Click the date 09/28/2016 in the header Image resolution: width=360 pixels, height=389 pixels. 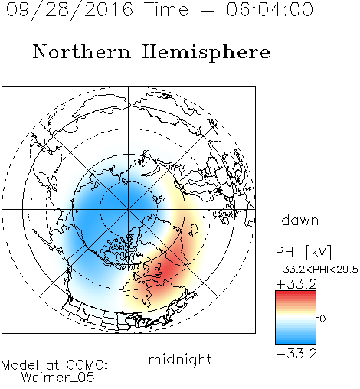click(70, 10)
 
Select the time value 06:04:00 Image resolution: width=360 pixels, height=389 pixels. click(270, 9)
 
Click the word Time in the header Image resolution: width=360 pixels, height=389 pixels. click(166, 9)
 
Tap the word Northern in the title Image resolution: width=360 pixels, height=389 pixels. click(82, 51)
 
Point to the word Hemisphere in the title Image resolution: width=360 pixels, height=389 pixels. click(206, 53)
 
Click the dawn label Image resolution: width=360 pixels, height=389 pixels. click(300, 221)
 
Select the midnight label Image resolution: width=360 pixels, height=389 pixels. click(180, 359)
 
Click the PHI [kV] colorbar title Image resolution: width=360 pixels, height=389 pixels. click(303, 252)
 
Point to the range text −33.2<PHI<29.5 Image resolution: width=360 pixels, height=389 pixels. click(317, 270)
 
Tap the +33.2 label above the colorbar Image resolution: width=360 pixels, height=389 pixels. click(296, 284)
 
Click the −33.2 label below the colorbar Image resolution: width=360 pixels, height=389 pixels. click(296, 354)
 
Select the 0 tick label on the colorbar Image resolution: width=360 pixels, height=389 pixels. click(322, 319)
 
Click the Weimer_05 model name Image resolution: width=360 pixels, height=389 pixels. click(58, 378)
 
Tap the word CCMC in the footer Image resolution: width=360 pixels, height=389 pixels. click(87, 365)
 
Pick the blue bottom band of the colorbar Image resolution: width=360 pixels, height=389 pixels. click(296, 341)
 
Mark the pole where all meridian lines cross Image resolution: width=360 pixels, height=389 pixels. click(129, 210)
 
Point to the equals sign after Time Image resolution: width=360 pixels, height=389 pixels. click(208, 10)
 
